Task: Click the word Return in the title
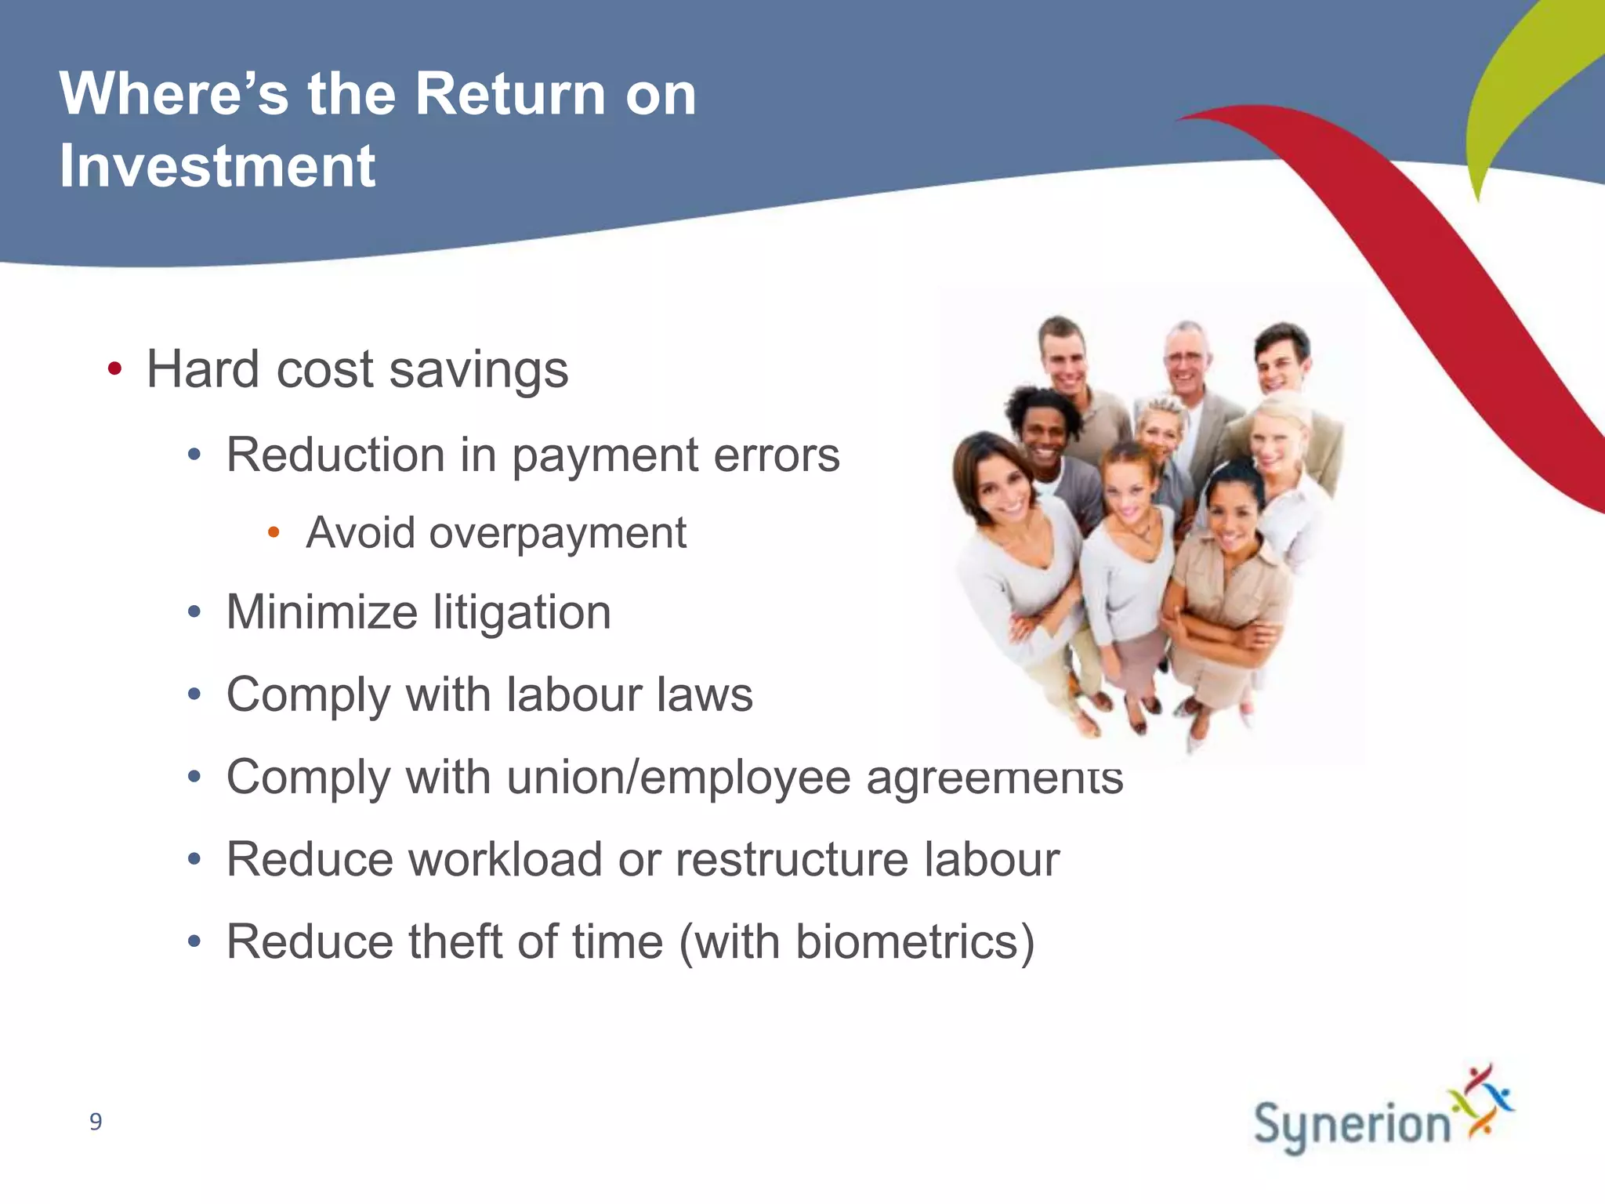click(x=509, y=94)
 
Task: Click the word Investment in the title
click(x=217, y=166)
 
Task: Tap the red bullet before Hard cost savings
click(x=114, y=369)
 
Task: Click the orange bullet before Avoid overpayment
click(x=274, y=533)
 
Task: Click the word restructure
click(x=792, y=859)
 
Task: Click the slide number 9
click(x=96, y=1122)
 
